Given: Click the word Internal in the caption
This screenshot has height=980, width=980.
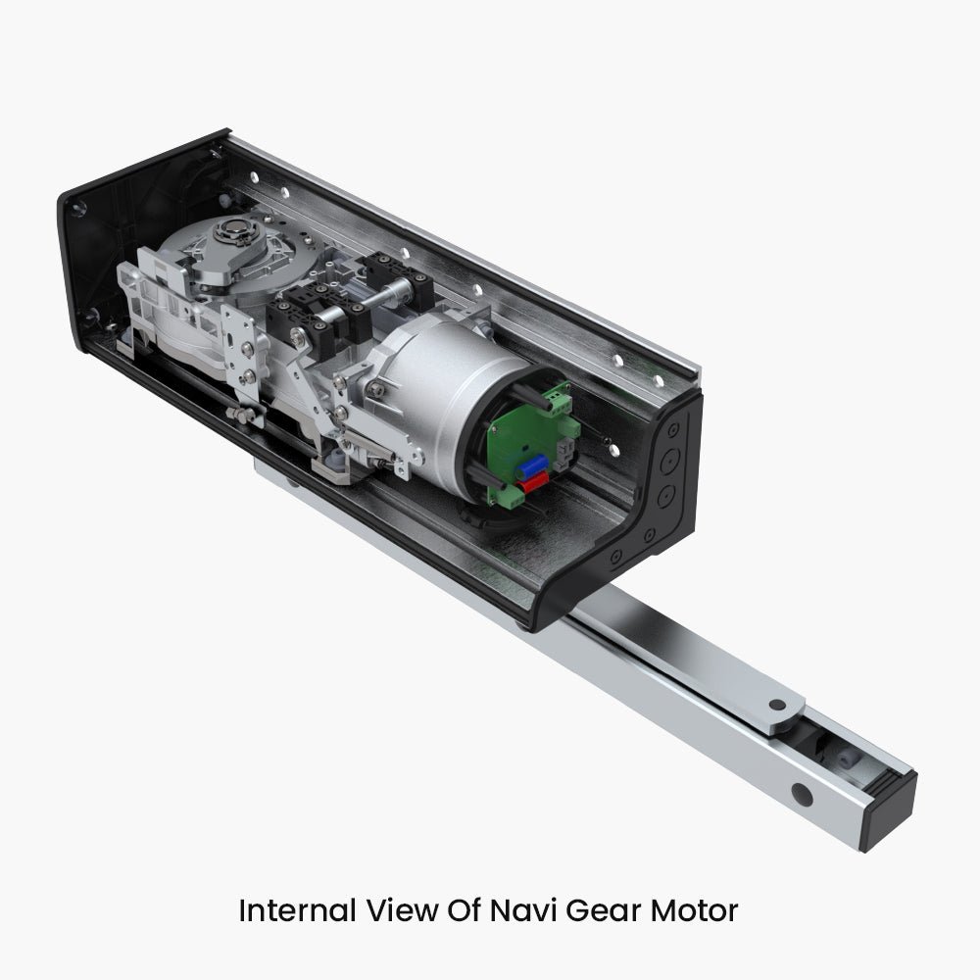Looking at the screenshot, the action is coord(298,910).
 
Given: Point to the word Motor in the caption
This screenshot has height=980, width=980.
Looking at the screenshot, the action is coord(695,910).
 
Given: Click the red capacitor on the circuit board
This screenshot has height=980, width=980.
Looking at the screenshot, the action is coord(532,482).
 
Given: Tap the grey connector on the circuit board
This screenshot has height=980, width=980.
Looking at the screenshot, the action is coord(563,452).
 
